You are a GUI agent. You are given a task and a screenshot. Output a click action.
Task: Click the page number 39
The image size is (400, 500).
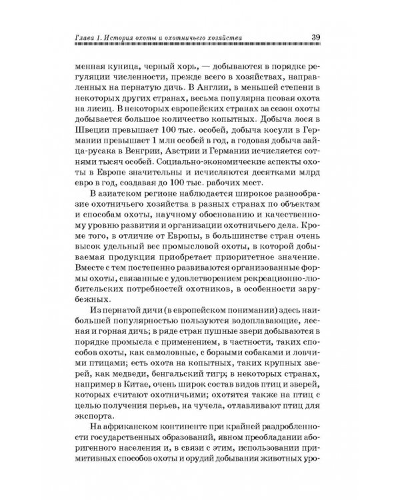pyautogui.click(x=318, y=36)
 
